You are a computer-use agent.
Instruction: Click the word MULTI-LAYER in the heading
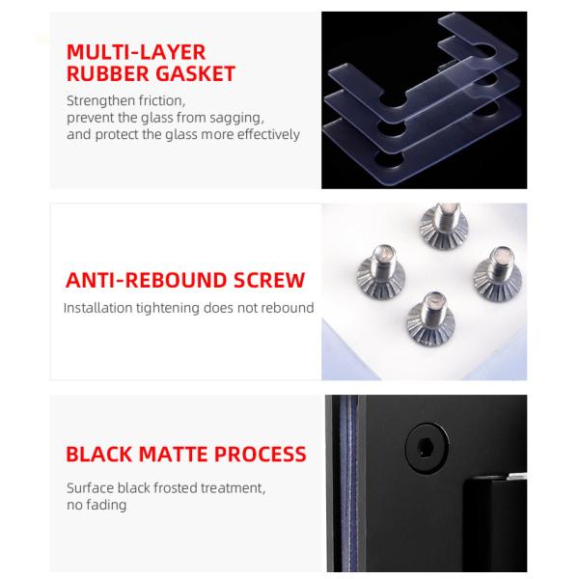click(x=135, y=51)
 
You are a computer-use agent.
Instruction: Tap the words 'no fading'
click(x=96, y=505)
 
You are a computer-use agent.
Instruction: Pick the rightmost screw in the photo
click(x=501, y=273)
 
